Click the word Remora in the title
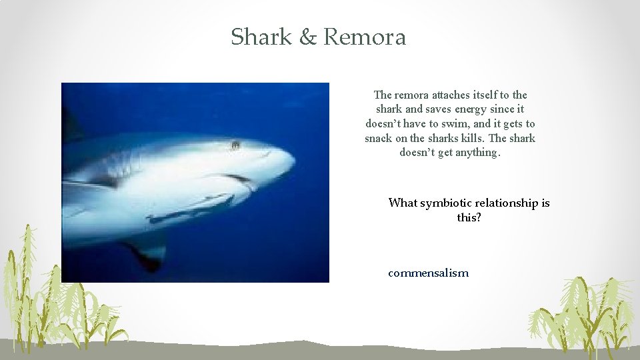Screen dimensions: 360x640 [x=364, y=37]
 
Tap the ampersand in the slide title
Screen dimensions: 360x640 [x=308, y=37]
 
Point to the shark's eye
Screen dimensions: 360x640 [x=235, y=145]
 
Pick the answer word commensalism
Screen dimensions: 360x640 [x=428, y=273]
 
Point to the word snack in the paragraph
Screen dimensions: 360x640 [x=379, y=138]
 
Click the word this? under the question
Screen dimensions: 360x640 [x=469, y=217]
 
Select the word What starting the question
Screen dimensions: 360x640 [x=403, y=203]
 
